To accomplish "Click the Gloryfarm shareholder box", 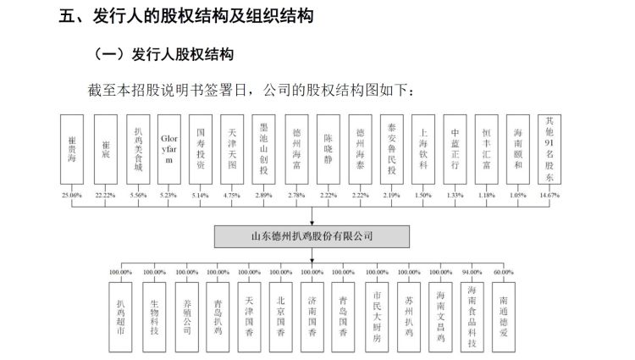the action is point(168,149).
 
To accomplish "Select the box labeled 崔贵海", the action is point(72,149).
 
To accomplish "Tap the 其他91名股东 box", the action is point(549,149).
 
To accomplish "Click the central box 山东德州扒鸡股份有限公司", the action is point(312,236).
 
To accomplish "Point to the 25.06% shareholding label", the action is point(72,195).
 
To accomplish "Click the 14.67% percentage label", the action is point(549,195).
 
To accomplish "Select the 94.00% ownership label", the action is point(472,272).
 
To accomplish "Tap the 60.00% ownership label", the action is point(504,272).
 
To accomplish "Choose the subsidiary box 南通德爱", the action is point(504,317).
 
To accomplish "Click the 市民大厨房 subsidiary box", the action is point(377,317).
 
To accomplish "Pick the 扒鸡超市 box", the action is point(120,317).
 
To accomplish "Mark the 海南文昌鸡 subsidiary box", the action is point(440,317).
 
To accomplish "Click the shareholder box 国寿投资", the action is point(201,149).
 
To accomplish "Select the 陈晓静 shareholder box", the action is point(328,149).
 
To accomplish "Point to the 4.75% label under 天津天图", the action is point(232,195).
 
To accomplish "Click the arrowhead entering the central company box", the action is point(312,223).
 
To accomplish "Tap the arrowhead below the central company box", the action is point(312,261).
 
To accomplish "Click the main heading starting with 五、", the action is point(186,16).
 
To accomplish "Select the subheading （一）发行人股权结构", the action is point(163,54).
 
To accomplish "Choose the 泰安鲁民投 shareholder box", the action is point(392,149).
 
